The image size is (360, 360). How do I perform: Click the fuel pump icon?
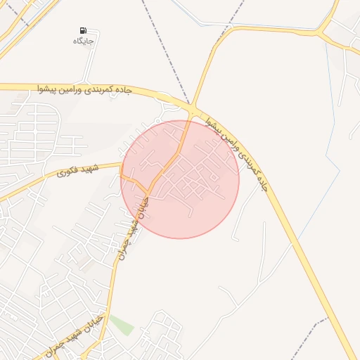coord(84,31)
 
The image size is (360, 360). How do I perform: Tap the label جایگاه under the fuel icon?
coord(84,41)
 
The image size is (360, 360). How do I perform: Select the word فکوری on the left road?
coord(67,172)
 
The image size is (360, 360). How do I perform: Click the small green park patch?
coord(121,326)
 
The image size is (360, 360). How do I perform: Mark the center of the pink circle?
coord(180,179)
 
